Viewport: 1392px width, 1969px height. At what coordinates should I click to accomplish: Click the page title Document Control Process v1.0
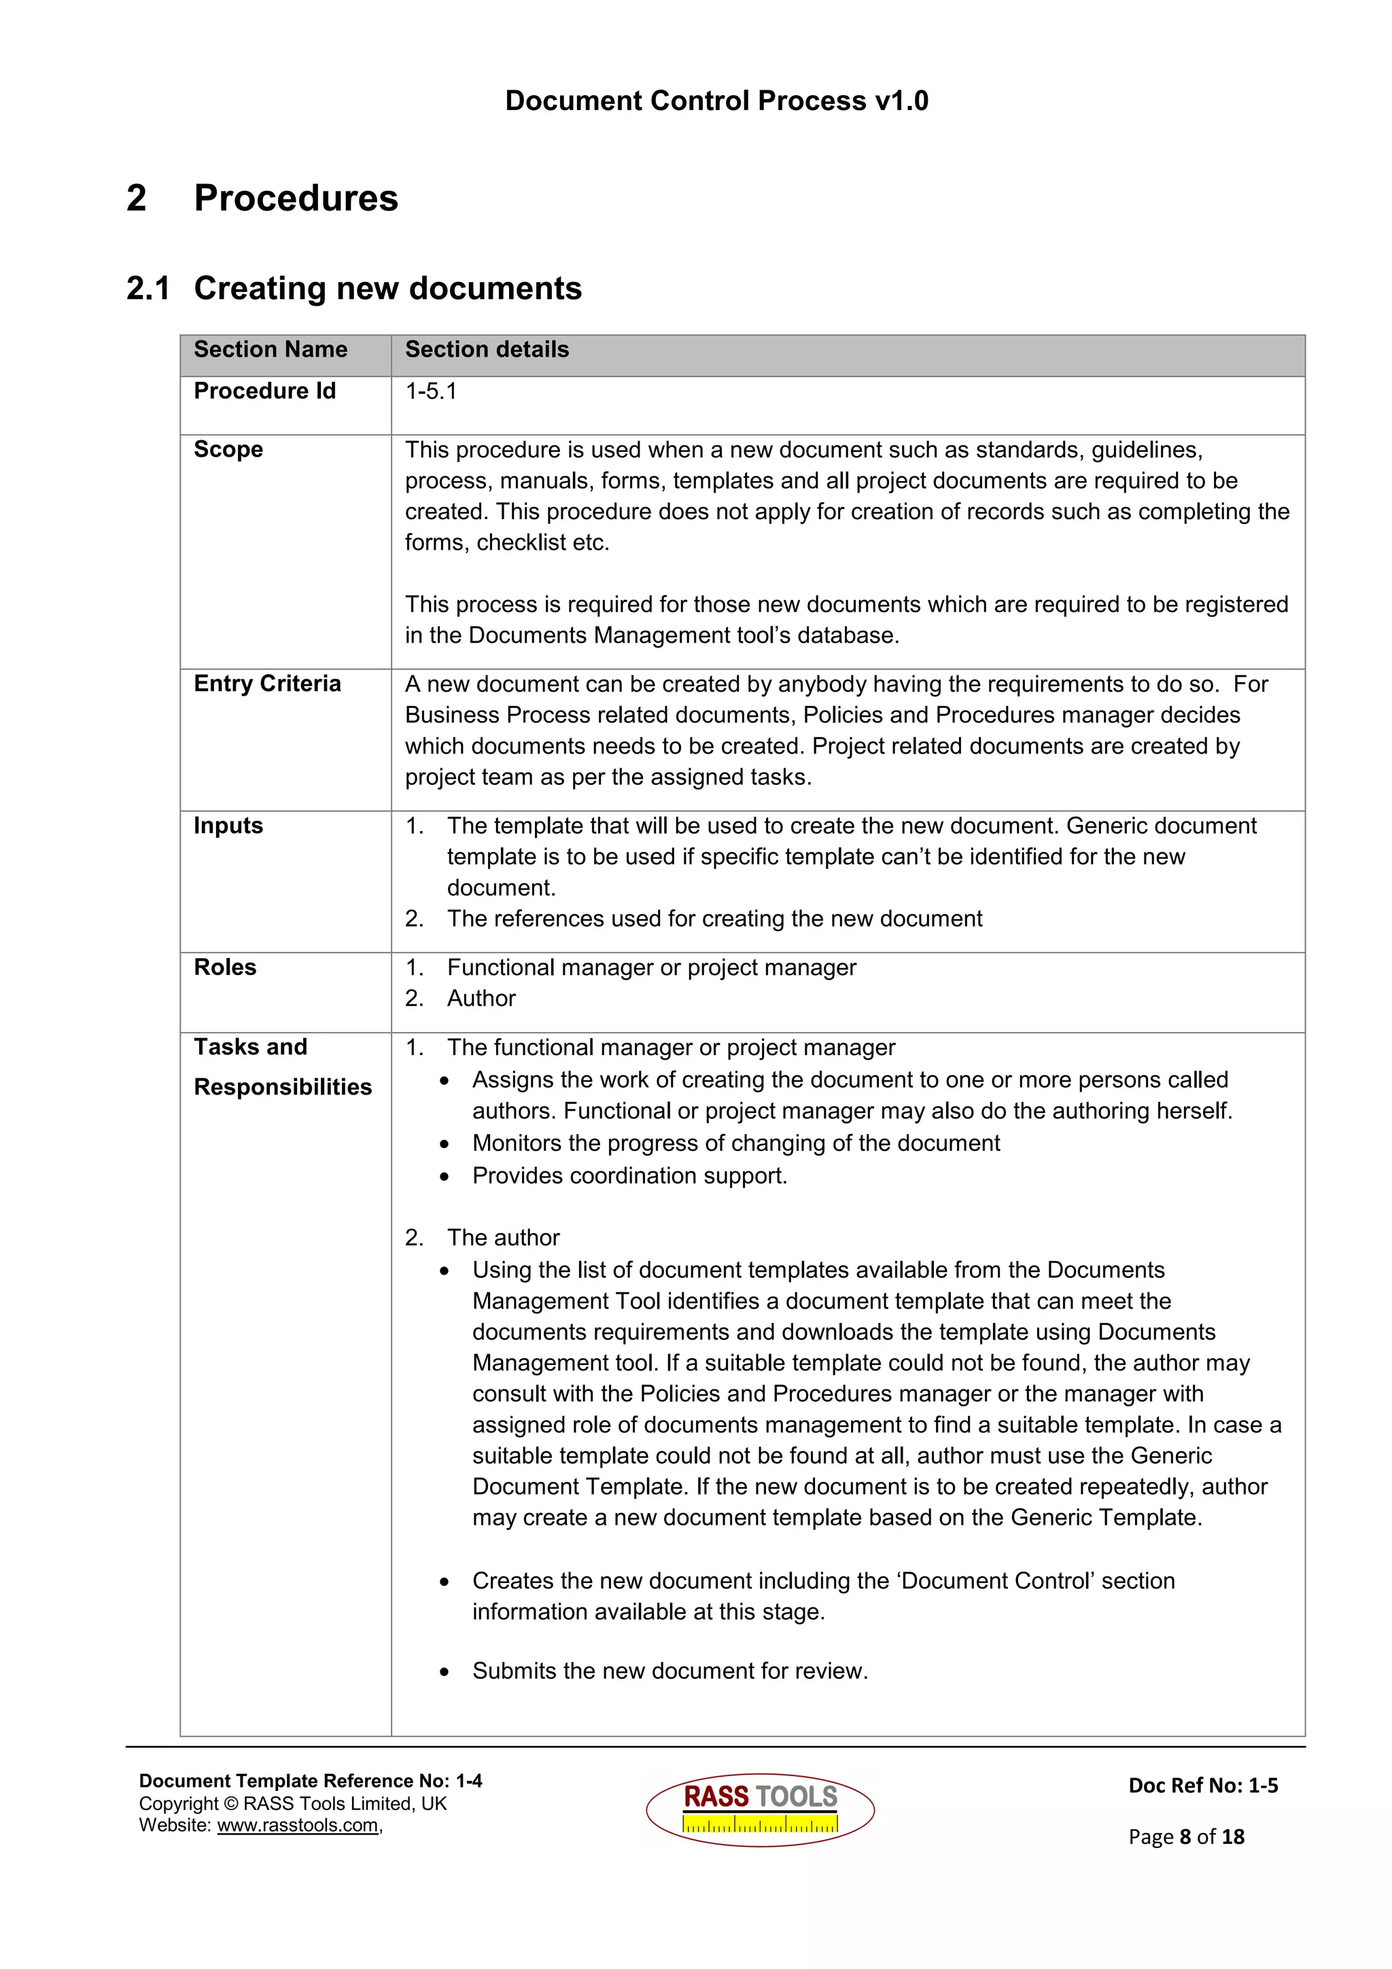tap(716, 101)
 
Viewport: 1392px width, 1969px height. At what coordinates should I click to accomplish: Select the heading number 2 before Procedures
tap(137, 198)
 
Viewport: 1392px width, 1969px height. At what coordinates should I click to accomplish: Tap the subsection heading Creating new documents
tap(387, 288)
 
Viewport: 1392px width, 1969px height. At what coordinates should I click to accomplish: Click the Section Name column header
tap(270, 349)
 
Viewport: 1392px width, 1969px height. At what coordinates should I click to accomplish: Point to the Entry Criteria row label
tap(266, 684)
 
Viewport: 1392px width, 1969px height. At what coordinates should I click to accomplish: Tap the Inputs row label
tap(228, 826)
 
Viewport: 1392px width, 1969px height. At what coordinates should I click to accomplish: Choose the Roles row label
tap(225, 968)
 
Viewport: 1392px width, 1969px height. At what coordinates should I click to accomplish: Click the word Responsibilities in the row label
tap(282, 1087)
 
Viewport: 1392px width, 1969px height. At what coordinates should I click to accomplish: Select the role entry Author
tap(481, 998)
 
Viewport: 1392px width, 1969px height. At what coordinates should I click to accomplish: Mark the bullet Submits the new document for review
tap(670, 1671)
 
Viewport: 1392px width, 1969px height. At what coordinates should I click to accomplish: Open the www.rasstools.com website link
tap(298, 1826)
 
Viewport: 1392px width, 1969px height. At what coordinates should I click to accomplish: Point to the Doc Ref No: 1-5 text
tap(1202, 1786)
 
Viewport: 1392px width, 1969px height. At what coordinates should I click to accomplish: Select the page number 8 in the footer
tap(1185, 1837)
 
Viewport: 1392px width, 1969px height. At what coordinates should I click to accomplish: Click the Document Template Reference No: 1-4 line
tap(311, 1781)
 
